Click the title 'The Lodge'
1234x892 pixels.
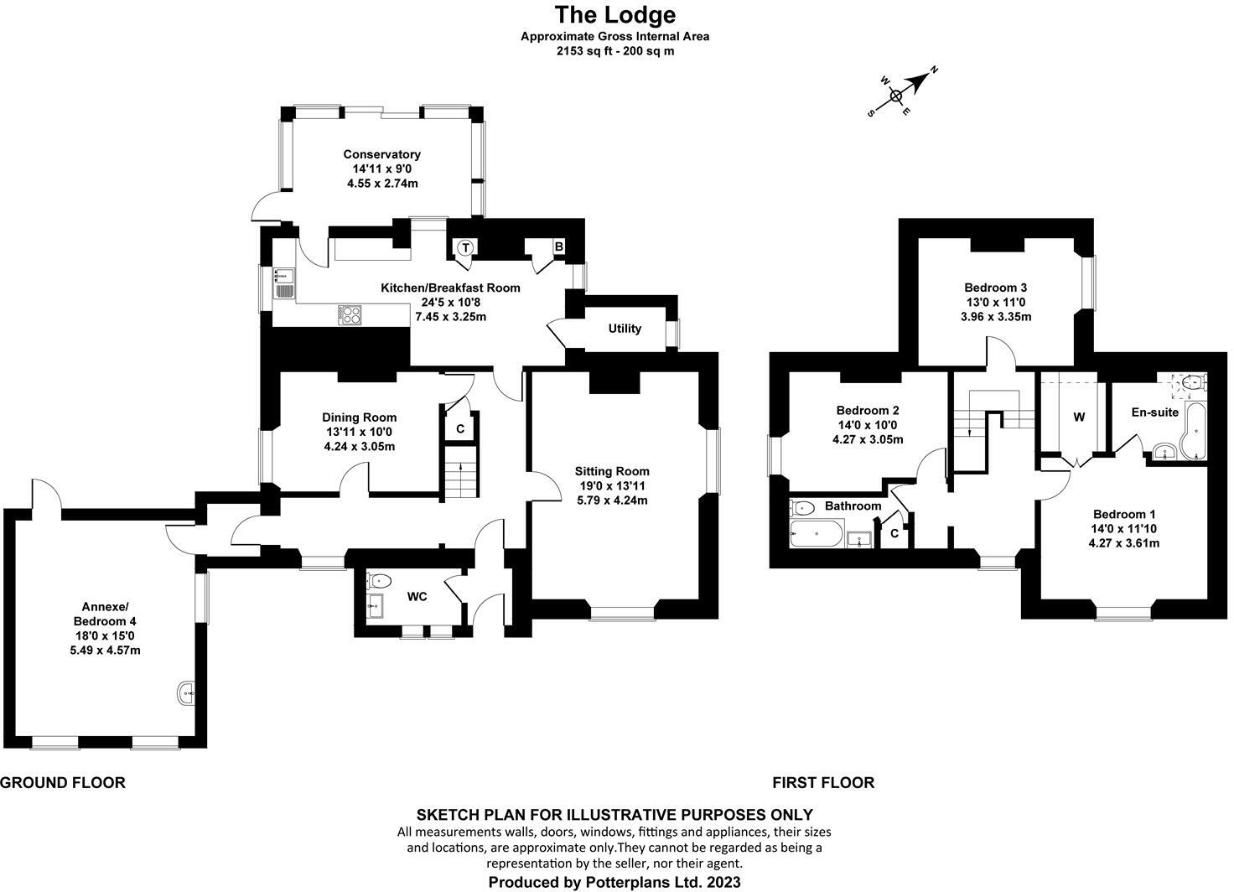614,15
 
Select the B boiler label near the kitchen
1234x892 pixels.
557,247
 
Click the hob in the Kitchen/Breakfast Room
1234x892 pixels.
350,315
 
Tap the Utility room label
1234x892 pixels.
625,329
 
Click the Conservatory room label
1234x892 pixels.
381,154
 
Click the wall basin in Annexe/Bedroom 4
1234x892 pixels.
188,692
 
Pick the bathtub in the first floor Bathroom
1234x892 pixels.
816,533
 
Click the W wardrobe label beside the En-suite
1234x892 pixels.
1079,417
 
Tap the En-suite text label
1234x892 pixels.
1154,412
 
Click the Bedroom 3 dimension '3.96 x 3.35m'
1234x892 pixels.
997,317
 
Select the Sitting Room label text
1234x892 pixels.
612,471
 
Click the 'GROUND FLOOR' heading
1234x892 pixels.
63,783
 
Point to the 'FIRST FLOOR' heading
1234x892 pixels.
823,783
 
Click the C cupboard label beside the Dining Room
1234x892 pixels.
460,428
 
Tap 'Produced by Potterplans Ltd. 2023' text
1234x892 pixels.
614,882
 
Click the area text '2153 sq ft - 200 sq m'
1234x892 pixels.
614,50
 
